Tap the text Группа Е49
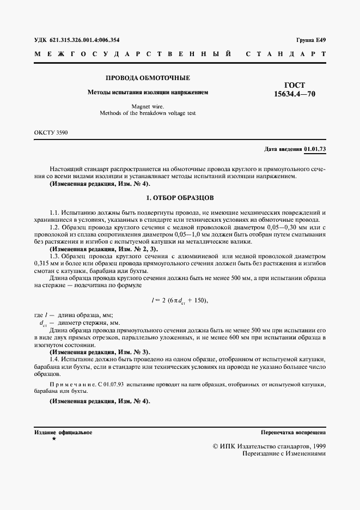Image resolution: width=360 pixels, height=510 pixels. click(311, 39)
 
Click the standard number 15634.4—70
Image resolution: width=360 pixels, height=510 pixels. click(295, 94)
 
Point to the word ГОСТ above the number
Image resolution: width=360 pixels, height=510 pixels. click(295, 85)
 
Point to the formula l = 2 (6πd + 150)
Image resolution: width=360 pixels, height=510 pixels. click(179, 300)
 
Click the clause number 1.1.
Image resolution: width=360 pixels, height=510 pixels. click(54, 211)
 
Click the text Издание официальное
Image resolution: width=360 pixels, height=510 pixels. click(63, 432)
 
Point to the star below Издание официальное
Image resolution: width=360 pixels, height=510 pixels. click(54, 439)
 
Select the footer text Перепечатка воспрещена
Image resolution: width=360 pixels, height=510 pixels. click(294, 432)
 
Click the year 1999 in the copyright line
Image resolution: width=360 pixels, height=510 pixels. click(316, 446)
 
